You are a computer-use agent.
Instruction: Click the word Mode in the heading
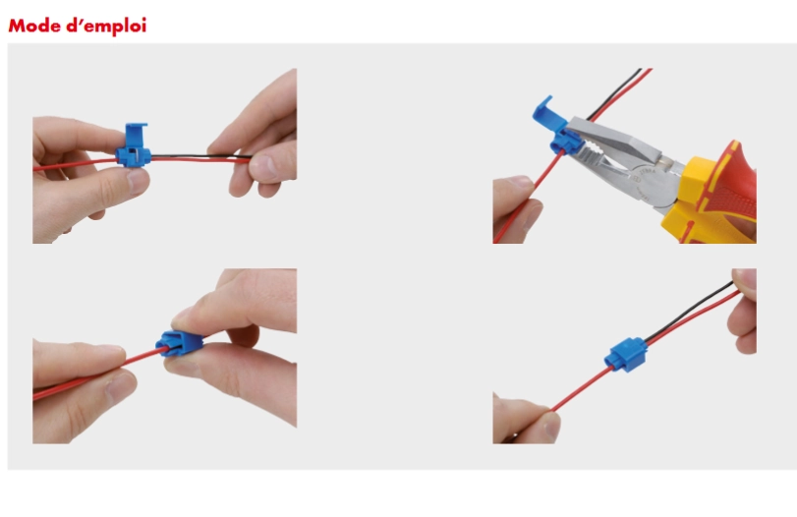pyautogui.click(x=34, y=26)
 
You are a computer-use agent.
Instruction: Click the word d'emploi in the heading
pyautogui.click(x=106, y=27)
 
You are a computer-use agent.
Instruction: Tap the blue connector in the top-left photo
pyautogui.click(x=134, y=145)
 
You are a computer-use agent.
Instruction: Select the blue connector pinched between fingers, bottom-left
pyautogui.click(x=182, y=343)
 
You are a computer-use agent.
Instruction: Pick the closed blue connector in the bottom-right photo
pyautogui.click(x=626, y=354)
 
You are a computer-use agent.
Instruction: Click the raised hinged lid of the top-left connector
pyautogui.click(x=136, y=136)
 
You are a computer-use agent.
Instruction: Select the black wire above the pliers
pyautogui.click(x=615, y=94)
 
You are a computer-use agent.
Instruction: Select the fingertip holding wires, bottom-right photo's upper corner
pyautogui.click(x=745, y=278)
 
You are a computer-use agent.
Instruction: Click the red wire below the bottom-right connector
pyautogui.click(x=581, y=388)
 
